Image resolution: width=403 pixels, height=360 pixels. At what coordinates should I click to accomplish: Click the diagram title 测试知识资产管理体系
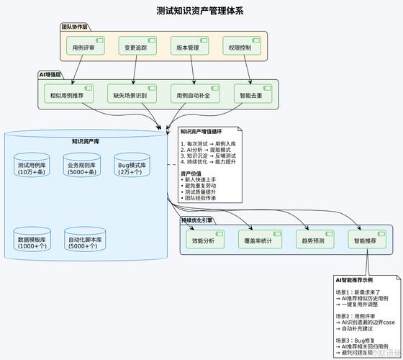point(200,11)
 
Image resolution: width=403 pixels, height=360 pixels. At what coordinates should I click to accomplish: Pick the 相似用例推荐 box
point(69,95)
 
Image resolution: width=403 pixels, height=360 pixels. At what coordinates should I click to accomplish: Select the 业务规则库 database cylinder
point(83,168)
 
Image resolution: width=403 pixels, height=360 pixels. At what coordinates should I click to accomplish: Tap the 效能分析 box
point(204,240)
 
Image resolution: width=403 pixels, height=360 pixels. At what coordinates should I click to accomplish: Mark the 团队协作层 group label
point(74,27)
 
